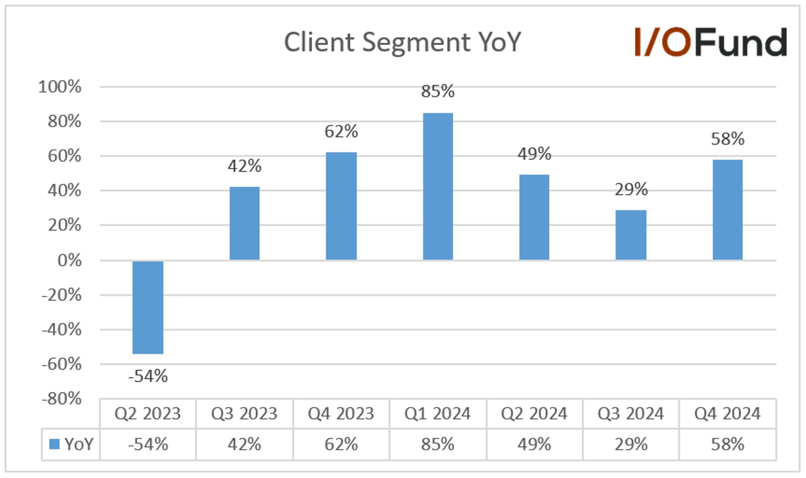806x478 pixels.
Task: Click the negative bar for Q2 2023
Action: click(x=148, y=307)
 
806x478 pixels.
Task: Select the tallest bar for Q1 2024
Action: click(x=438, y=186)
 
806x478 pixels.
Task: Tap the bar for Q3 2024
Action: click(x=631, y=235)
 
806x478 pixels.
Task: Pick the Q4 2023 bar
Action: click(x=341, y=206)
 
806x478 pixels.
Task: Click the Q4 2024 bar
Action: click(x=727, y=209)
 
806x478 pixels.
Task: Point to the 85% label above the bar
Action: click(x=438, y=91)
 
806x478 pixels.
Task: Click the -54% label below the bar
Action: click(x=148, y=376)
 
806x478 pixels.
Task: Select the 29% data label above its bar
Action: click(x=631, y=189)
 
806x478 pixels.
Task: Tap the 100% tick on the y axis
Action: click(x=59, y=87)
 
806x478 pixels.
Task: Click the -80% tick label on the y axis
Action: click(x=61, y=398)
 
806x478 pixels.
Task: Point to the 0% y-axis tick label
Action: click(x=69, y=260)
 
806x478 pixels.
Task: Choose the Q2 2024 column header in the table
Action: click(x=534, y=414)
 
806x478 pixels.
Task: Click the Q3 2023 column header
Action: click(x=244, y=414)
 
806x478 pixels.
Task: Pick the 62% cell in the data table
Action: click(x=341, y=444)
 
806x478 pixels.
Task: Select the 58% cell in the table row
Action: click(x=727, y=444)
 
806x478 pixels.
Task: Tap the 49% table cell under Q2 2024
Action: click(x=534, y=444)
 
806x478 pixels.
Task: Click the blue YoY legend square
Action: click(x=54, y=444)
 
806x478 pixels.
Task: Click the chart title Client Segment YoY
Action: click(x=402, y=42)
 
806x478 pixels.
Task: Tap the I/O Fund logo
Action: click(x=710, y=42)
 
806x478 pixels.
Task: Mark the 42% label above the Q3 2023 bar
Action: click(x=244, y=166)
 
